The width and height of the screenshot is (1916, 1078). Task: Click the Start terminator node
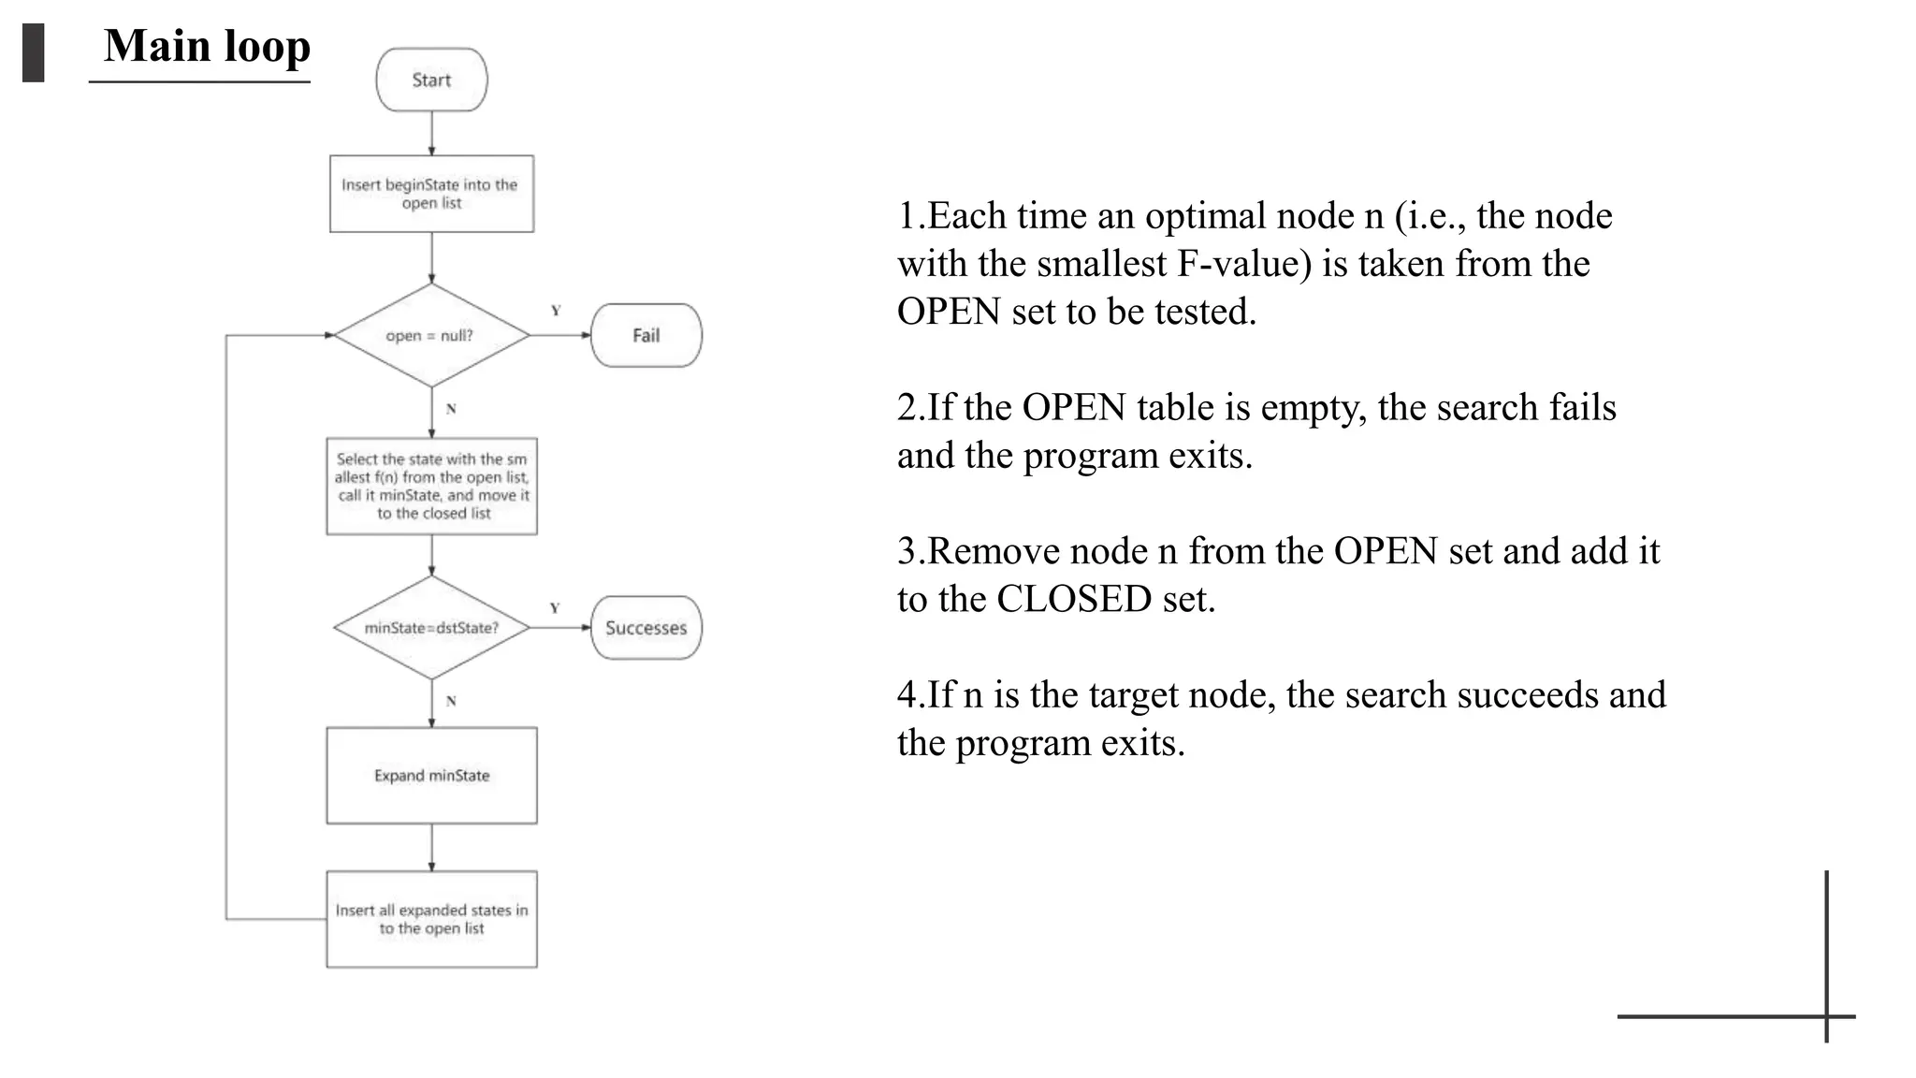click(x=431, y=80)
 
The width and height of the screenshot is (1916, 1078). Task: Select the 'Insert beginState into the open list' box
click(x=431, y=194)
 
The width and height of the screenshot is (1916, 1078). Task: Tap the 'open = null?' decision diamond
click(x=431, y=335)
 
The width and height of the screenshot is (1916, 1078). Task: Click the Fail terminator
click(x=646, y=335)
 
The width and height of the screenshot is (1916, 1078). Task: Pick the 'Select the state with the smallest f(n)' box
click(x=431, y=486)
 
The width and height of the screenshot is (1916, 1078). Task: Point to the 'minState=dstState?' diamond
click(x=431, y=628)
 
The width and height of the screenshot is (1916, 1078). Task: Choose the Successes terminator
click(x=646, y=628)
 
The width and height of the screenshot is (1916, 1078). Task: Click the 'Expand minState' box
click(x=431, y=776)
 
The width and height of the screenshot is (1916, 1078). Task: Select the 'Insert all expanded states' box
click(x=431, y=919)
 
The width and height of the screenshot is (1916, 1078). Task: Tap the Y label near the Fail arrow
click(x=556, y=311)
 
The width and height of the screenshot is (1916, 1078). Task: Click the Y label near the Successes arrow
click(x=555, y=608)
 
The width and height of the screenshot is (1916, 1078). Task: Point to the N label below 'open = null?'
click(x=451, y=409)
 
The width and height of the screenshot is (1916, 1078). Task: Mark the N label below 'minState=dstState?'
click(x=451, y=701)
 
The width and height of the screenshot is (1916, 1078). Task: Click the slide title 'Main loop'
click(x=207, y=46)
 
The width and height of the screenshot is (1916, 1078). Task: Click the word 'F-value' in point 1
click(x=1243, y=264)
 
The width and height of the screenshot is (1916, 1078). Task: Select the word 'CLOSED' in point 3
click(x=1073, y=599)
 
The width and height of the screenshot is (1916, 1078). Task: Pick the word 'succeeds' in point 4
click(x=1527, y=695)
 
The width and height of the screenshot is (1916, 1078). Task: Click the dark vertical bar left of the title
click(x=34, y=53)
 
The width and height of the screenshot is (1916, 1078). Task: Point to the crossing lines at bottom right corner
click(x=1826, y=1016)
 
